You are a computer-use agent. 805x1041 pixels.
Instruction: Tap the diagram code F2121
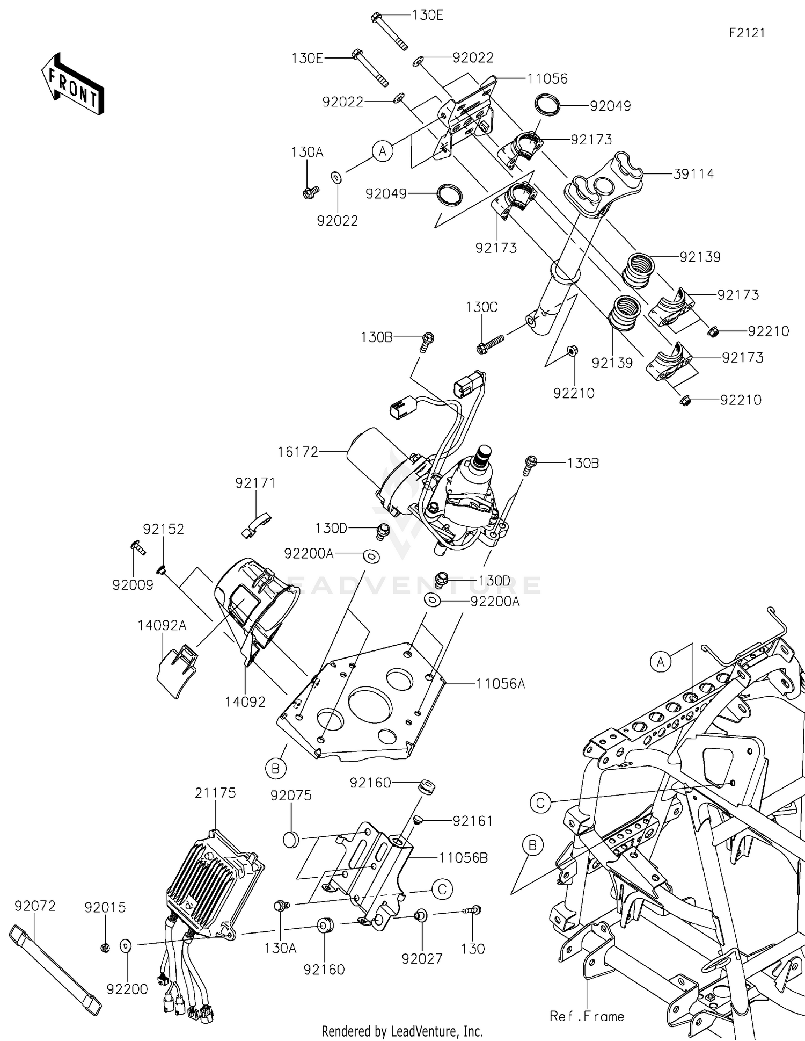coord(747,33)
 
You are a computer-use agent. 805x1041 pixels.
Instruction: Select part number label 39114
coord(693,174)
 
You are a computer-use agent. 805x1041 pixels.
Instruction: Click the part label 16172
coord(298,452)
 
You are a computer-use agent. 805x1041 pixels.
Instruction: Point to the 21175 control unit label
coord(215,793)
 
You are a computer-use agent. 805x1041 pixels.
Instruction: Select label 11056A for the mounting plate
coord(500,684)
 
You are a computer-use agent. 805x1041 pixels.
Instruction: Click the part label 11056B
coord(463,858)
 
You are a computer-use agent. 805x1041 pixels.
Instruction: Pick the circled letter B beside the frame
coord(532,846)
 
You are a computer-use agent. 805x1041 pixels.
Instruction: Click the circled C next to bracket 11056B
coord(442,889)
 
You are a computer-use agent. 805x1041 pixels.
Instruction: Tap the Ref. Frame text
coord(587,1016)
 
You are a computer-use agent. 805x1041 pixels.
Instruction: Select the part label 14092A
coord(162,625)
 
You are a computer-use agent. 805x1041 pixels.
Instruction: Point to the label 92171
coord(255,483)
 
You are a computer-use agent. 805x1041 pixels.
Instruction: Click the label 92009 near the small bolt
coord(133,585)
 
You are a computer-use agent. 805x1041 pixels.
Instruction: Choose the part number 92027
coord(422,958)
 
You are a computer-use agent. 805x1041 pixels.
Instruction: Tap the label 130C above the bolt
coord(481,307)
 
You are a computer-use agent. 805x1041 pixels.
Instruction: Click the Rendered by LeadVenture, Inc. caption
coord(402,1031)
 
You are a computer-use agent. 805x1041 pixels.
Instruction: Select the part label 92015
coord(105,907)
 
